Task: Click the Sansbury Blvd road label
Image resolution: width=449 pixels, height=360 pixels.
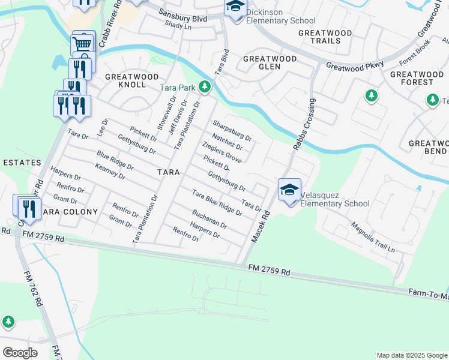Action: (x=188, y=19)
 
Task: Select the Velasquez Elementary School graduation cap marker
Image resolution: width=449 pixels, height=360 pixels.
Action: (x=289, y=190)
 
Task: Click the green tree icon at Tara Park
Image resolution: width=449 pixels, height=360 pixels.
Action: (x=205, y=87)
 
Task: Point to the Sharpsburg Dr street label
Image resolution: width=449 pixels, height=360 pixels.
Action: (x=232, y=130)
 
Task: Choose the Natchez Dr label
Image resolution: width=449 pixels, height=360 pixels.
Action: (x=227, y=142)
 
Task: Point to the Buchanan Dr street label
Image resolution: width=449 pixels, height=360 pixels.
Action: (x=209, y=219)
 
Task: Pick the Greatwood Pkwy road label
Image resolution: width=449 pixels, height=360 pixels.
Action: (x=355, y=65)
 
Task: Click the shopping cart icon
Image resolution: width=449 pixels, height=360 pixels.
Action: (x=82, y=43)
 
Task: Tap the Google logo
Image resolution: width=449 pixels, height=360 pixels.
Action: (x=20, y=352)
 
